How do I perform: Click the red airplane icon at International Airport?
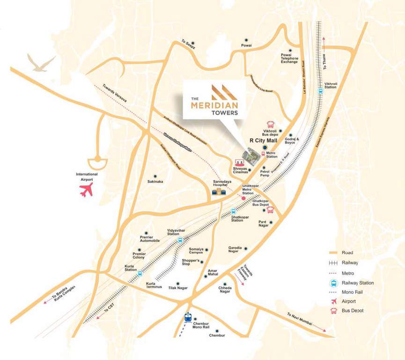tap(86, 190)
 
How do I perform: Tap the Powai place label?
tap(246, 45)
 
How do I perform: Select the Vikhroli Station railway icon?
tap(321, 91)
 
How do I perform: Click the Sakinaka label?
tap(155, 181)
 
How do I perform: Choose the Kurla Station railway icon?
tap(139, 274)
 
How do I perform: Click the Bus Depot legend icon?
tap(333, 310)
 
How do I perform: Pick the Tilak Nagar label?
tap(178, 288)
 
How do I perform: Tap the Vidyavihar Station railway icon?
tap(180, 240)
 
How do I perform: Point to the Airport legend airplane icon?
tap(333, 301)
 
